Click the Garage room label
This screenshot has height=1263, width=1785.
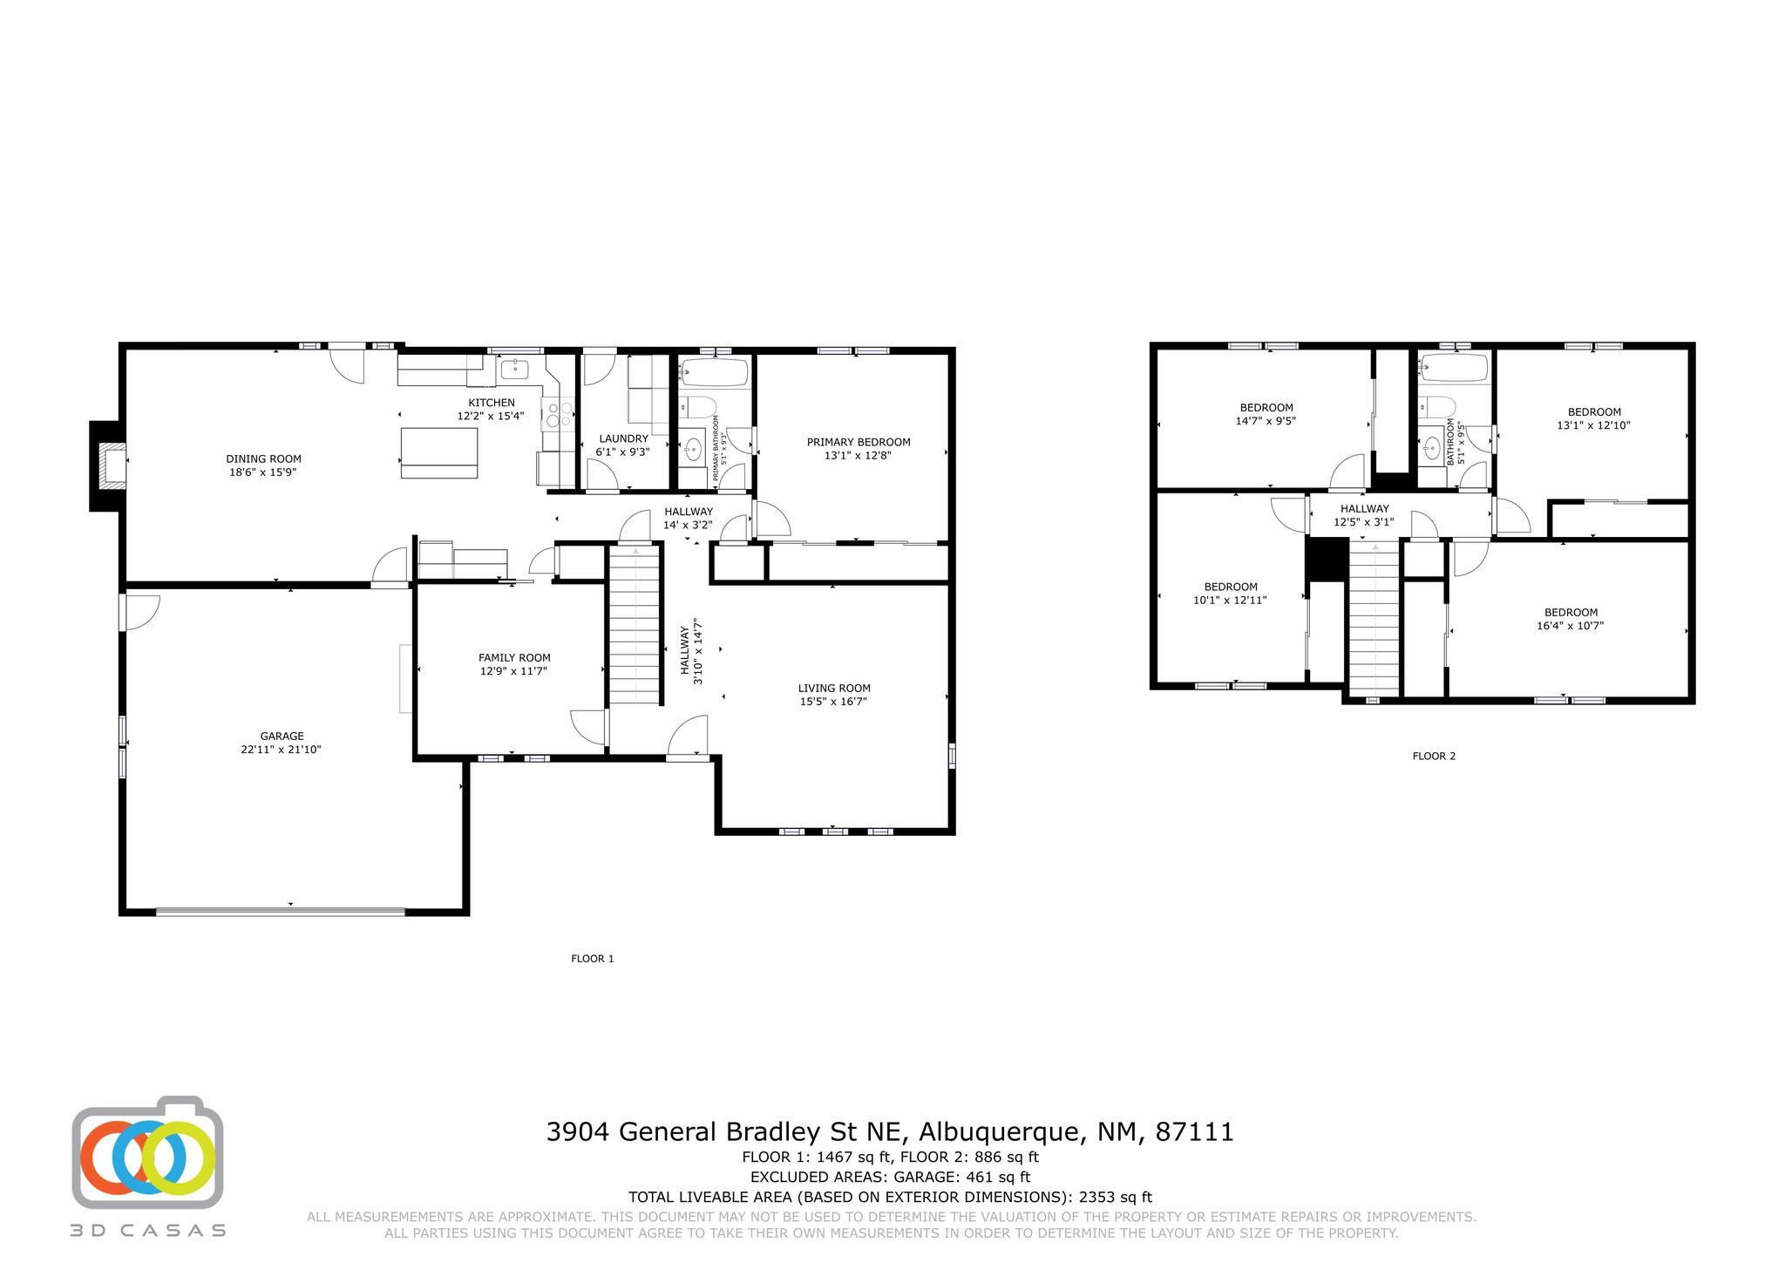[x=281, y=736]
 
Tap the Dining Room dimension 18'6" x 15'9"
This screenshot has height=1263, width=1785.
[x=263, y=472]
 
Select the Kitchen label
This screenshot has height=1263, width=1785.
[x=492, y=403]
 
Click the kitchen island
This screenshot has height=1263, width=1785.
[x=439, y=453]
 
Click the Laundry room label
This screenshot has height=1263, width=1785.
[x=623, y=438]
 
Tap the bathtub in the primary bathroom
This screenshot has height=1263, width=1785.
[x=714, y=373]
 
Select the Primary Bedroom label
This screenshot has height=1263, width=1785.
[x=858, y=442]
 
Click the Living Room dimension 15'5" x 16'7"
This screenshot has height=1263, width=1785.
[x=833, y=702]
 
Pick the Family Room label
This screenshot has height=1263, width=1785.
[x=514, y=658]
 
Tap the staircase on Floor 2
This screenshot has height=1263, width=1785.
[x=1374, y=617]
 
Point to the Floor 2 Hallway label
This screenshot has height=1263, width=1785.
[x=1364, y=509]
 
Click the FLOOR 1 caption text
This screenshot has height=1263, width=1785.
[x=592, y=959]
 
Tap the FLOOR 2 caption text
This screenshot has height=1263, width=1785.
[x=1433, y=756]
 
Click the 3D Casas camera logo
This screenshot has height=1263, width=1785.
[x=147, y=1152]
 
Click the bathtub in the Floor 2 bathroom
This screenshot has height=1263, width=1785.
[x=1453, y=368]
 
